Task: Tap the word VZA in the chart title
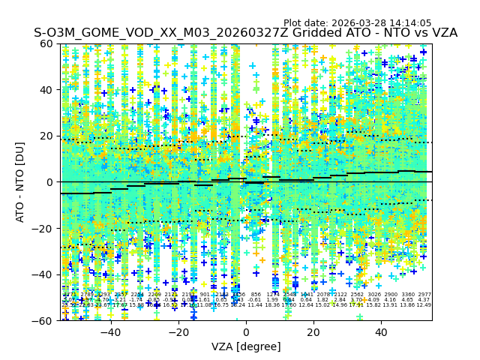coord(442,33)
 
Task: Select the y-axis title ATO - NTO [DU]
coord(20,181)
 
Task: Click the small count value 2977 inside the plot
coord(424,295)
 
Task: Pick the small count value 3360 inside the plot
coord(408,295)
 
